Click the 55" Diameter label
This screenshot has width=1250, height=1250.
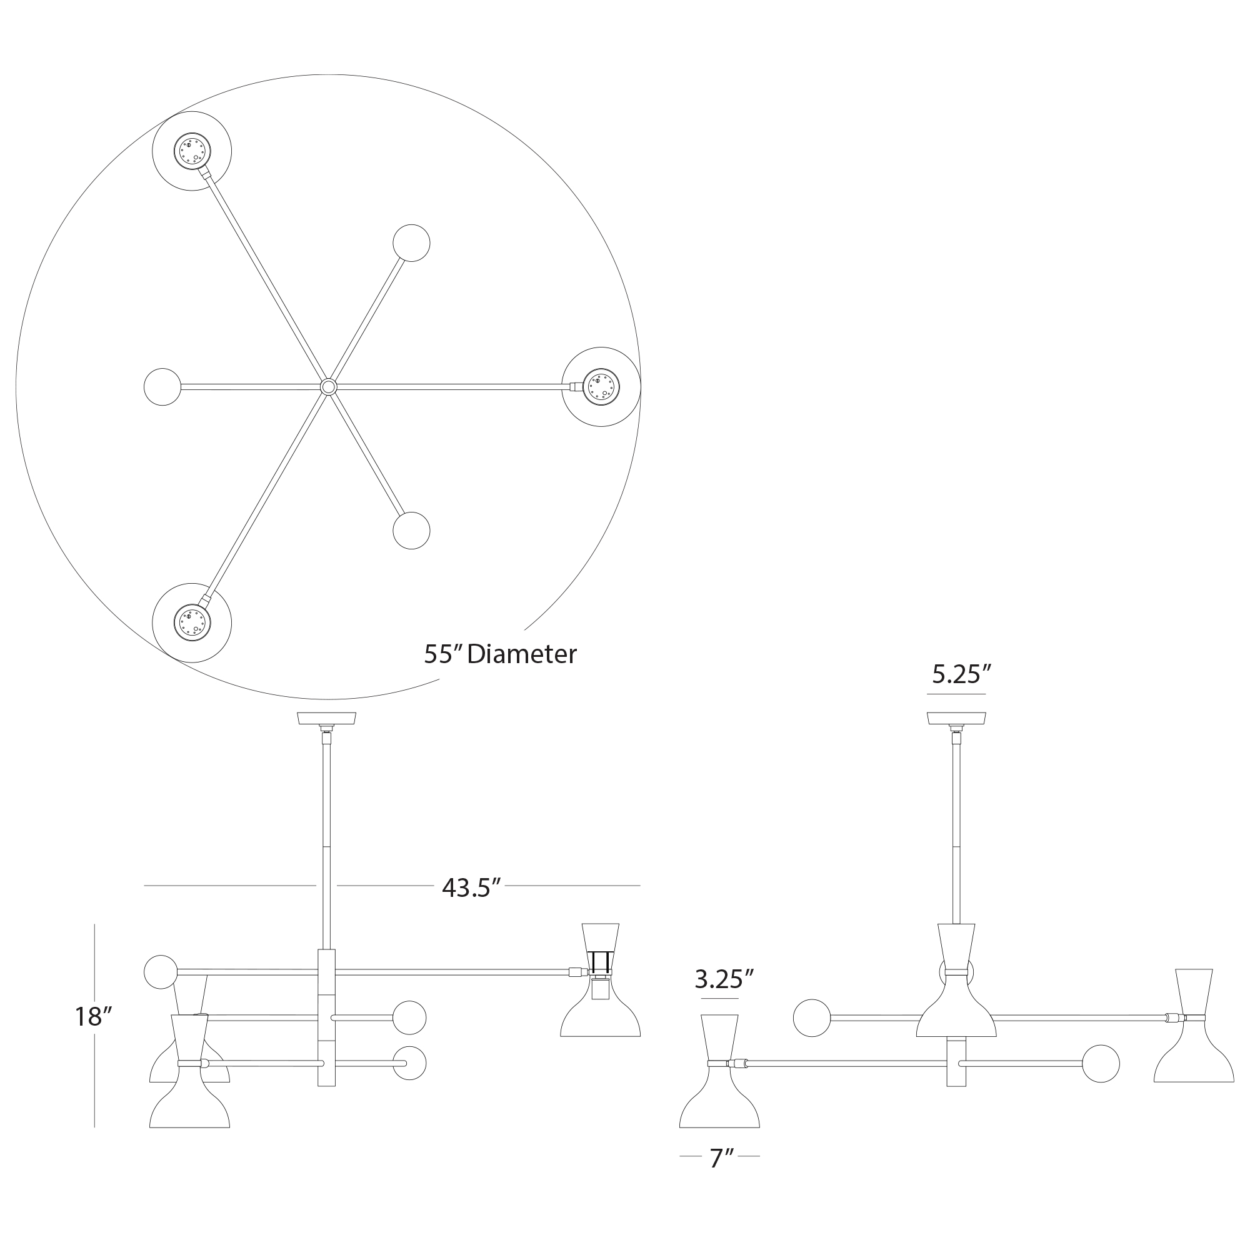click(500, 654)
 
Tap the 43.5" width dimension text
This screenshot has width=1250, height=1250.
click(472, 887)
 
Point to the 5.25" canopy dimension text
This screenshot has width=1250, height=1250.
click(961, 675)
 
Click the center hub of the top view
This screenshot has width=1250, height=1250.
click(329, 387)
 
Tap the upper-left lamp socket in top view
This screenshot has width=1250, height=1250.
click(192, 151)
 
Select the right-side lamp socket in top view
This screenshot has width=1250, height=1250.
click(601, 387)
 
